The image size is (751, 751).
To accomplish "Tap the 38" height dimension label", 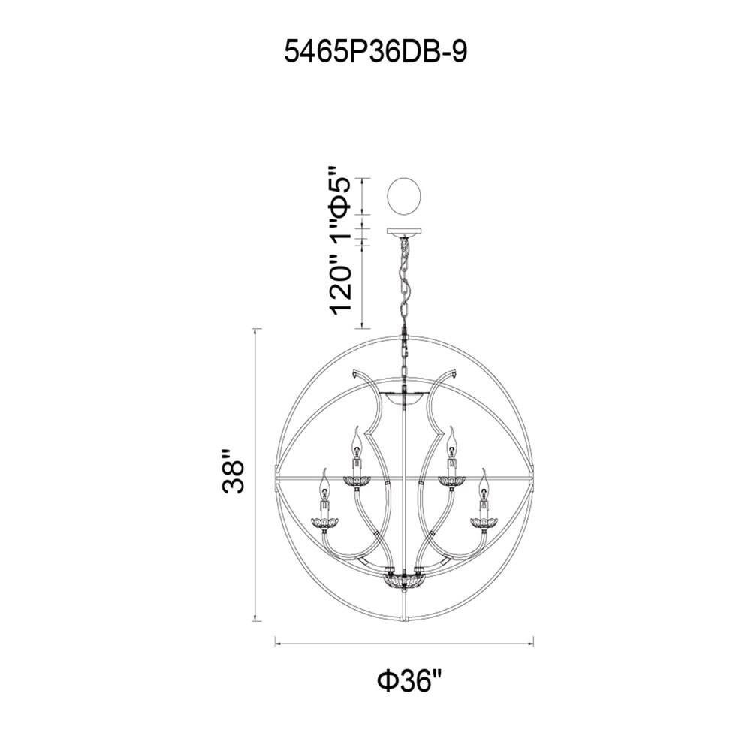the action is (234, 472).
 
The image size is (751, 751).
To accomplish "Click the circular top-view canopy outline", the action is (404, 196).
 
